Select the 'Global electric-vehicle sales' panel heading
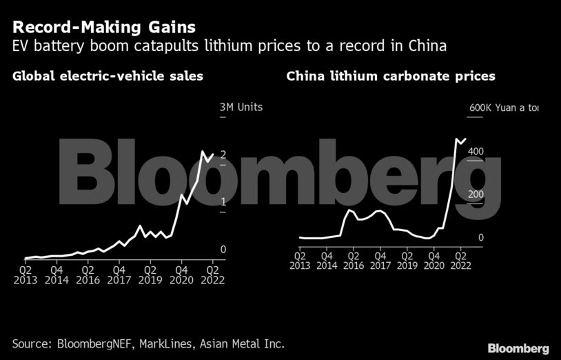[x=108, y=77]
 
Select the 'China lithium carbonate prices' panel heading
[x=391, y=77]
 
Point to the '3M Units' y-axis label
[x=241, y=107]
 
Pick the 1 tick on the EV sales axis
[x=223, y=202]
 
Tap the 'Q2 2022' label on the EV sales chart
[x=213, y=275]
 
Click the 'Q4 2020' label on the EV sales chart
[x=182, y=275]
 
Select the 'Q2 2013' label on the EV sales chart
[x=25, y=275]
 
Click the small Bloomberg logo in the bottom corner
[x=518, y=348]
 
